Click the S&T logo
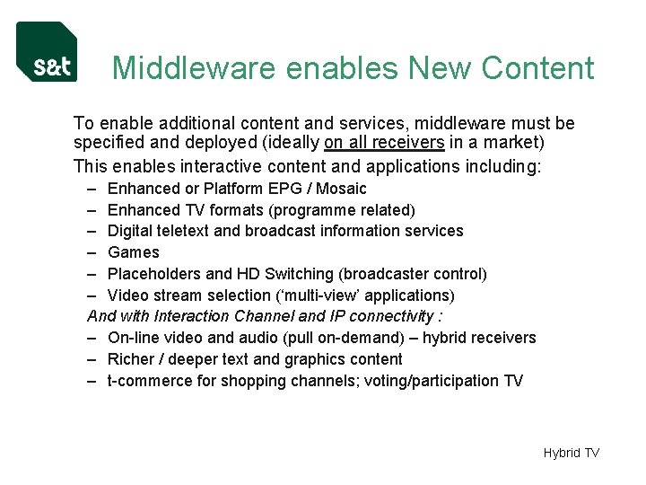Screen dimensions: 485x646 [x=47, y=52]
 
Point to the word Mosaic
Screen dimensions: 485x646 [x=341, y=189]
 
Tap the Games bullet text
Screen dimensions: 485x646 [x=133, y=252]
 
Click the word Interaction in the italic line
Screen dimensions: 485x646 [x=192, y=316]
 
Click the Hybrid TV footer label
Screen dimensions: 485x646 [x=571, y=453]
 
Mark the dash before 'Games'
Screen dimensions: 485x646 [x=93, y=252]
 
